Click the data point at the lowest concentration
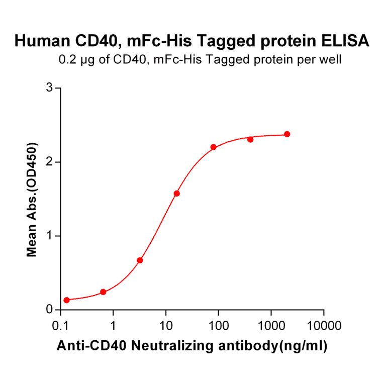click(x=66, y=300)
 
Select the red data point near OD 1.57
click(x=176, y=194)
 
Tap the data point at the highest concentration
click(x=287, y=134)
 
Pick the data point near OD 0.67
click(x=140, y=260)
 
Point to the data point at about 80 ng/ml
click(x=213, y=147)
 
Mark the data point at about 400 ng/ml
click(x=250, y=139)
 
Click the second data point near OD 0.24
click(x=103, y=292)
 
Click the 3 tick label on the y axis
click(x=50, y=88)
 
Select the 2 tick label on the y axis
click(x=50, y=162)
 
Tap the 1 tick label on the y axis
click(x=50, y=236)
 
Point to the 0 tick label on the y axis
click(x=50, y=310)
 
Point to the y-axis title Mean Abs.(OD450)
click(x=32, y=200)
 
